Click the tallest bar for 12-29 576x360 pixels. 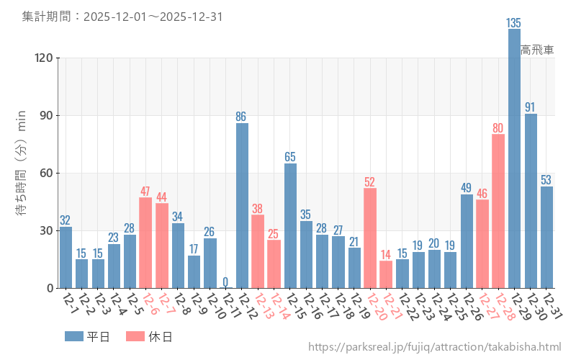click(514, 158)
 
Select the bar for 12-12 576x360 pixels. click(242, 205)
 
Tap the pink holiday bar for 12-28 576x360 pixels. click(498, 211)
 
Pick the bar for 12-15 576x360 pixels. click(290, 225)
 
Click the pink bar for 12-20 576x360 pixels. click(370, 238)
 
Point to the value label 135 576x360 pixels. click(514, 23)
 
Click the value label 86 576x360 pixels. click(242, 117)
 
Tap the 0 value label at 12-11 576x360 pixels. click(225, 282)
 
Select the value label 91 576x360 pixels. click(531, 107)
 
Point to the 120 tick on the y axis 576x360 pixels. click(45, 58)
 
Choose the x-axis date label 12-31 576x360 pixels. click(552, 307)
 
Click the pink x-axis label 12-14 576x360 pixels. click(279, 307)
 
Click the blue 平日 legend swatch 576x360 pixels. click(74, 336)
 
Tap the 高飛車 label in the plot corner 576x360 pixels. click(537, 50)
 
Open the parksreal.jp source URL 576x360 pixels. click(434, 347)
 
